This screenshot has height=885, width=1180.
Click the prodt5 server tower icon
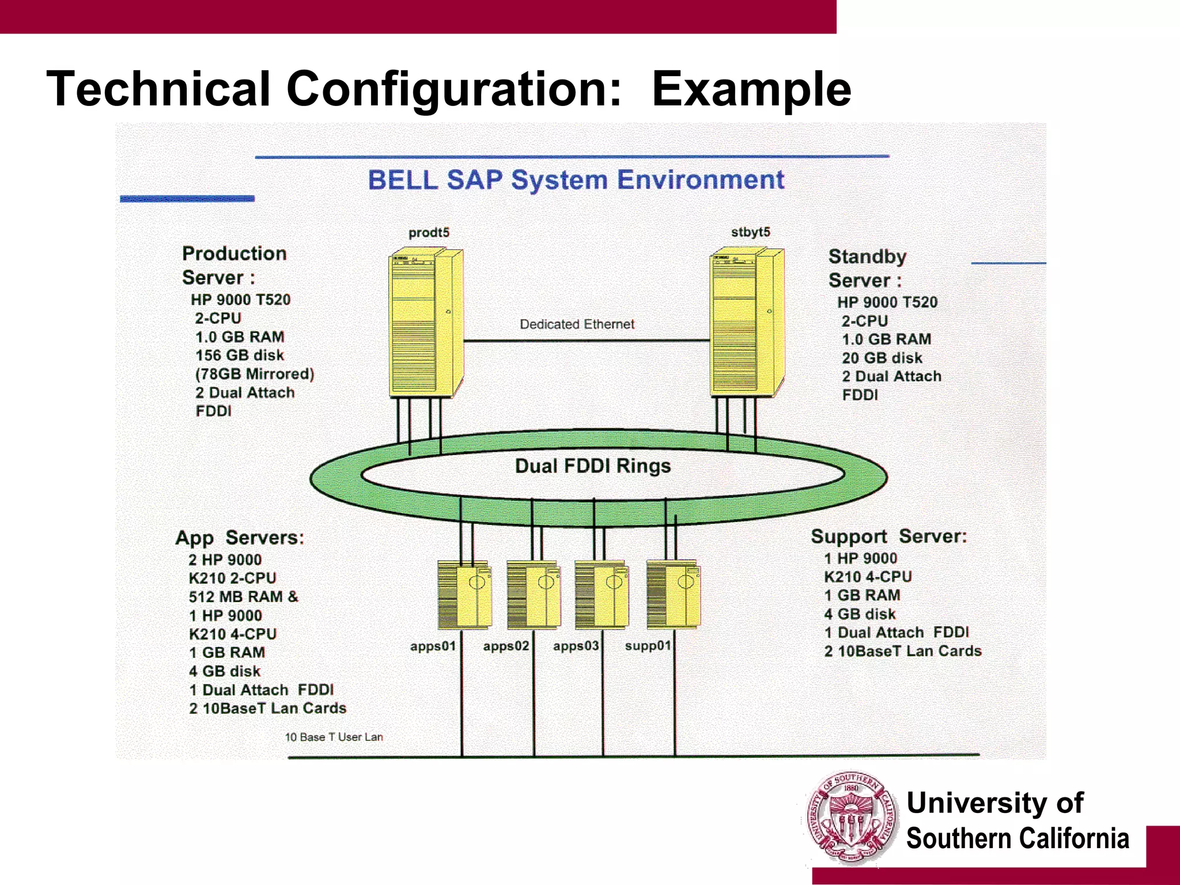426,323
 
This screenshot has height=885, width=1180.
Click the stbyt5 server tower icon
747,322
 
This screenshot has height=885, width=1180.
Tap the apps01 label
433,646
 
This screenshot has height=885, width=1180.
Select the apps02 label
506,646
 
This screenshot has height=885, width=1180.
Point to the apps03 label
576,646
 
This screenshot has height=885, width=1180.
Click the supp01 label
648,646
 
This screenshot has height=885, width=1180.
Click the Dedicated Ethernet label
577,324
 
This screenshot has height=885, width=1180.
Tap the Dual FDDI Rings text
593,466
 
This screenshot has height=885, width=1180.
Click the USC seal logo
851,818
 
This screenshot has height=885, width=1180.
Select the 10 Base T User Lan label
334,737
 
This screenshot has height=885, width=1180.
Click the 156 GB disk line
240,355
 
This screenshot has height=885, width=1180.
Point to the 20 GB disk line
882,358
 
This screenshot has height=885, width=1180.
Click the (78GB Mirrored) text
255,374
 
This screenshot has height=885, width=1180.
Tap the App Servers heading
240,538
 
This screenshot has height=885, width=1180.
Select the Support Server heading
888,536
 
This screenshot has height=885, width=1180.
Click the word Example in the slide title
751,89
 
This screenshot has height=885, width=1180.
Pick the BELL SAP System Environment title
576,180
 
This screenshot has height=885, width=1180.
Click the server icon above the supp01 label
673,594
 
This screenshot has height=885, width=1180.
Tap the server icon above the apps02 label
534,594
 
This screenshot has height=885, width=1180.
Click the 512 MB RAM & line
243,596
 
